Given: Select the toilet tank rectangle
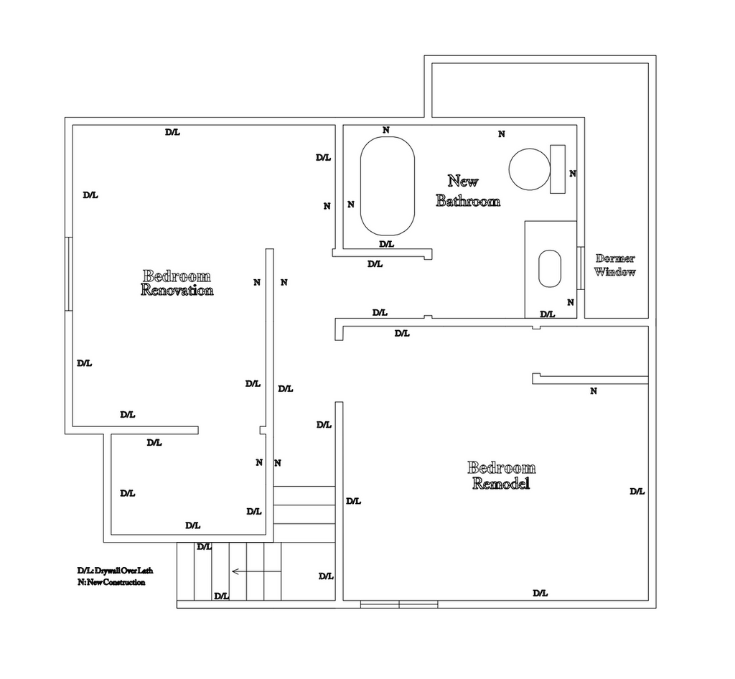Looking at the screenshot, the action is point(557,169).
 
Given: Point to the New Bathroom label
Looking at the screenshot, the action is point(468,191).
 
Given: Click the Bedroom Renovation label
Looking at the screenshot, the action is point(177,283).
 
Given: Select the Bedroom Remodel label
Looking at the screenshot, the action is point(501,475).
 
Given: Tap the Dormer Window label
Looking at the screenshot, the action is point(615,266).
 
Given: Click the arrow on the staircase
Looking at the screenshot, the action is point(256,571).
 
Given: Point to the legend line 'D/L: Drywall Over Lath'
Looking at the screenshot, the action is point(116,571).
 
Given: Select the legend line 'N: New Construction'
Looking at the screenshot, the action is point(111,583).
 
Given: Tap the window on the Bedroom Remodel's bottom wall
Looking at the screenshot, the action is point(399,604).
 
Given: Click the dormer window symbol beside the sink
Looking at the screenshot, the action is point(580,268).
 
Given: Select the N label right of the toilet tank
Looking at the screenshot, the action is point(572,174).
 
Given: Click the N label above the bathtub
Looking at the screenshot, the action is point(385,130).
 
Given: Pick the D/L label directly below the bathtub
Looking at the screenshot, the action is point(386,244).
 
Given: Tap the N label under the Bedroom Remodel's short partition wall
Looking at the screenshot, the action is point(594,390).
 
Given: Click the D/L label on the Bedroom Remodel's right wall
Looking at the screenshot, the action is point(637,492).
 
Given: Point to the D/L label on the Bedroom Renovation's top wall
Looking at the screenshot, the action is point(172,132).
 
